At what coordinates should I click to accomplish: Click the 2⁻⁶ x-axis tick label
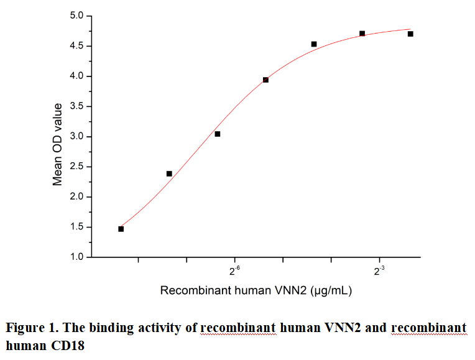[x=235, y=271]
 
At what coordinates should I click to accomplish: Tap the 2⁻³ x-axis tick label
[x=379, y=271]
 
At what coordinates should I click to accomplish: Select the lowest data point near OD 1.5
[x=121, y=229]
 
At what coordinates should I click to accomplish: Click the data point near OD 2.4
[x=169, y=173]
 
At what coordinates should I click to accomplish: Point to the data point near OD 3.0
[x=218, y=134]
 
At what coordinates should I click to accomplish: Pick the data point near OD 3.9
[x=265, y=80]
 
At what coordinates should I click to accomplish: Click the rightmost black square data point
[x=410, y=34]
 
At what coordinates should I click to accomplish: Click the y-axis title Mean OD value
[x=58, y=144]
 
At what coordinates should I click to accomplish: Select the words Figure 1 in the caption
[x=29, y=328]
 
